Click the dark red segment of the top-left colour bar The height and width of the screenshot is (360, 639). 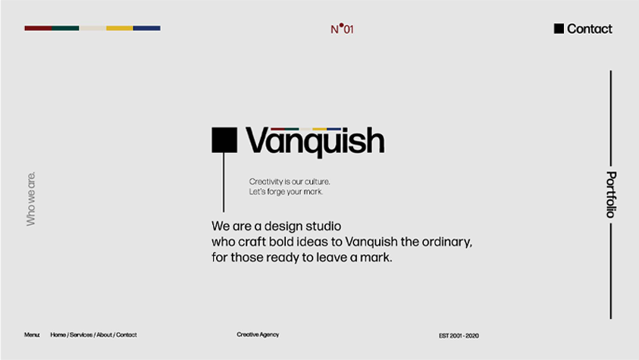point(39,28)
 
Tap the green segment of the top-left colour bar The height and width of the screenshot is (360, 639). point(66,28)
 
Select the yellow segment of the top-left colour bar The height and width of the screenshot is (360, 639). point(120,28)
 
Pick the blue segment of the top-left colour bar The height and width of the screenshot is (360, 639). point(147,28)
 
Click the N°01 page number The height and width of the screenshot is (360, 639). point(342,29)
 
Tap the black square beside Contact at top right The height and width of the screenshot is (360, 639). point(559,29)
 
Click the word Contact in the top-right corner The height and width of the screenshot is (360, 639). point(589,29)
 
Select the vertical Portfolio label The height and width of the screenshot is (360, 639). point(611,194)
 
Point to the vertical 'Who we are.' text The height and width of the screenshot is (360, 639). point(31,199)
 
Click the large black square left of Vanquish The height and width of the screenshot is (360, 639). point(224,140)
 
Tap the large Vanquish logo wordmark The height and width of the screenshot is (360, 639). point(315,142)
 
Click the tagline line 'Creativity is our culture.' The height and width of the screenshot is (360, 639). point(290,182)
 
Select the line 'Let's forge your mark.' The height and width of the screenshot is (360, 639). point(286,192)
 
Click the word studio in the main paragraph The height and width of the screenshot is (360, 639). point(323,226)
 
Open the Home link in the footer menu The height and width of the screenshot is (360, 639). point(58,335)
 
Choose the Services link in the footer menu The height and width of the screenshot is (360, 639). point(81,335)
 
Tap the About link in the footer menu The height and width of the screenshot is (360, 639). point(104,335)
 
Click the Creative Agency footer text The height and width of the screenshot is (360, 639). point(258,335)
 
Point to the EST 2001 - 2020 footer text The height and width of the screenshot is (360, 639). point(459,336)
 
